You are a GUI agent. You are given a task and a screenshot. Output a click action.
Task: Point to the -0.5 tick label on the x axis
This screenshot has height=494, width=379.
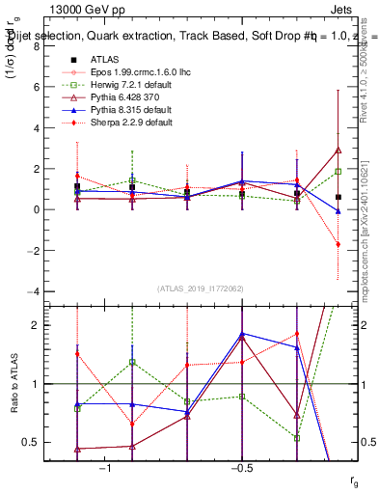point(241,468)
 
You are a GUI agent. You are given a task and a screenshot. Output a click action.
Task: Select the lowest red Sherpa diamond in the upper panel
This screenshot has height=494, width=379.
point(338,244)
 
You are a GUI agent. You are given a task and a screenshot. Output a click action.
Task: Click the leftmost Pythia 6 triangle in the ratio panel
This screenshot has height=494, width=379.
point(77,449)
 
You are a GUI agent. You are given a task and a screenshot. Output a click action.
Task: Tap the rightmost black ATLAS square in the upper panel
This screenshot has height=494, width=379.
point(338,197)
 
